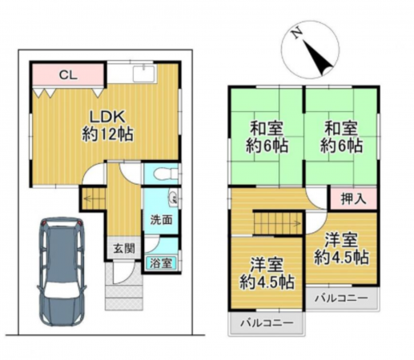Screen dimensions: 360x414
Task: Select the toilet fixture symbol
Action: (x=163, y=172)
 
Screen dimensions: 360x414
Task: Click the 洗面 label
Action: (x=157, y=219)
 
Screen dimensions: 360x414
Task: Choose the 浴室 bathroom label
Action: (x=158, y=261)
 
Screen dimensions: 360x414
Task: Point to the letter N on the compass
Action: (x=296, y=34)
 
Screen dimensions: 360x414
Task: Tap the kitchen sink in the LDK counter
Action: (x=148, y=76)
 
